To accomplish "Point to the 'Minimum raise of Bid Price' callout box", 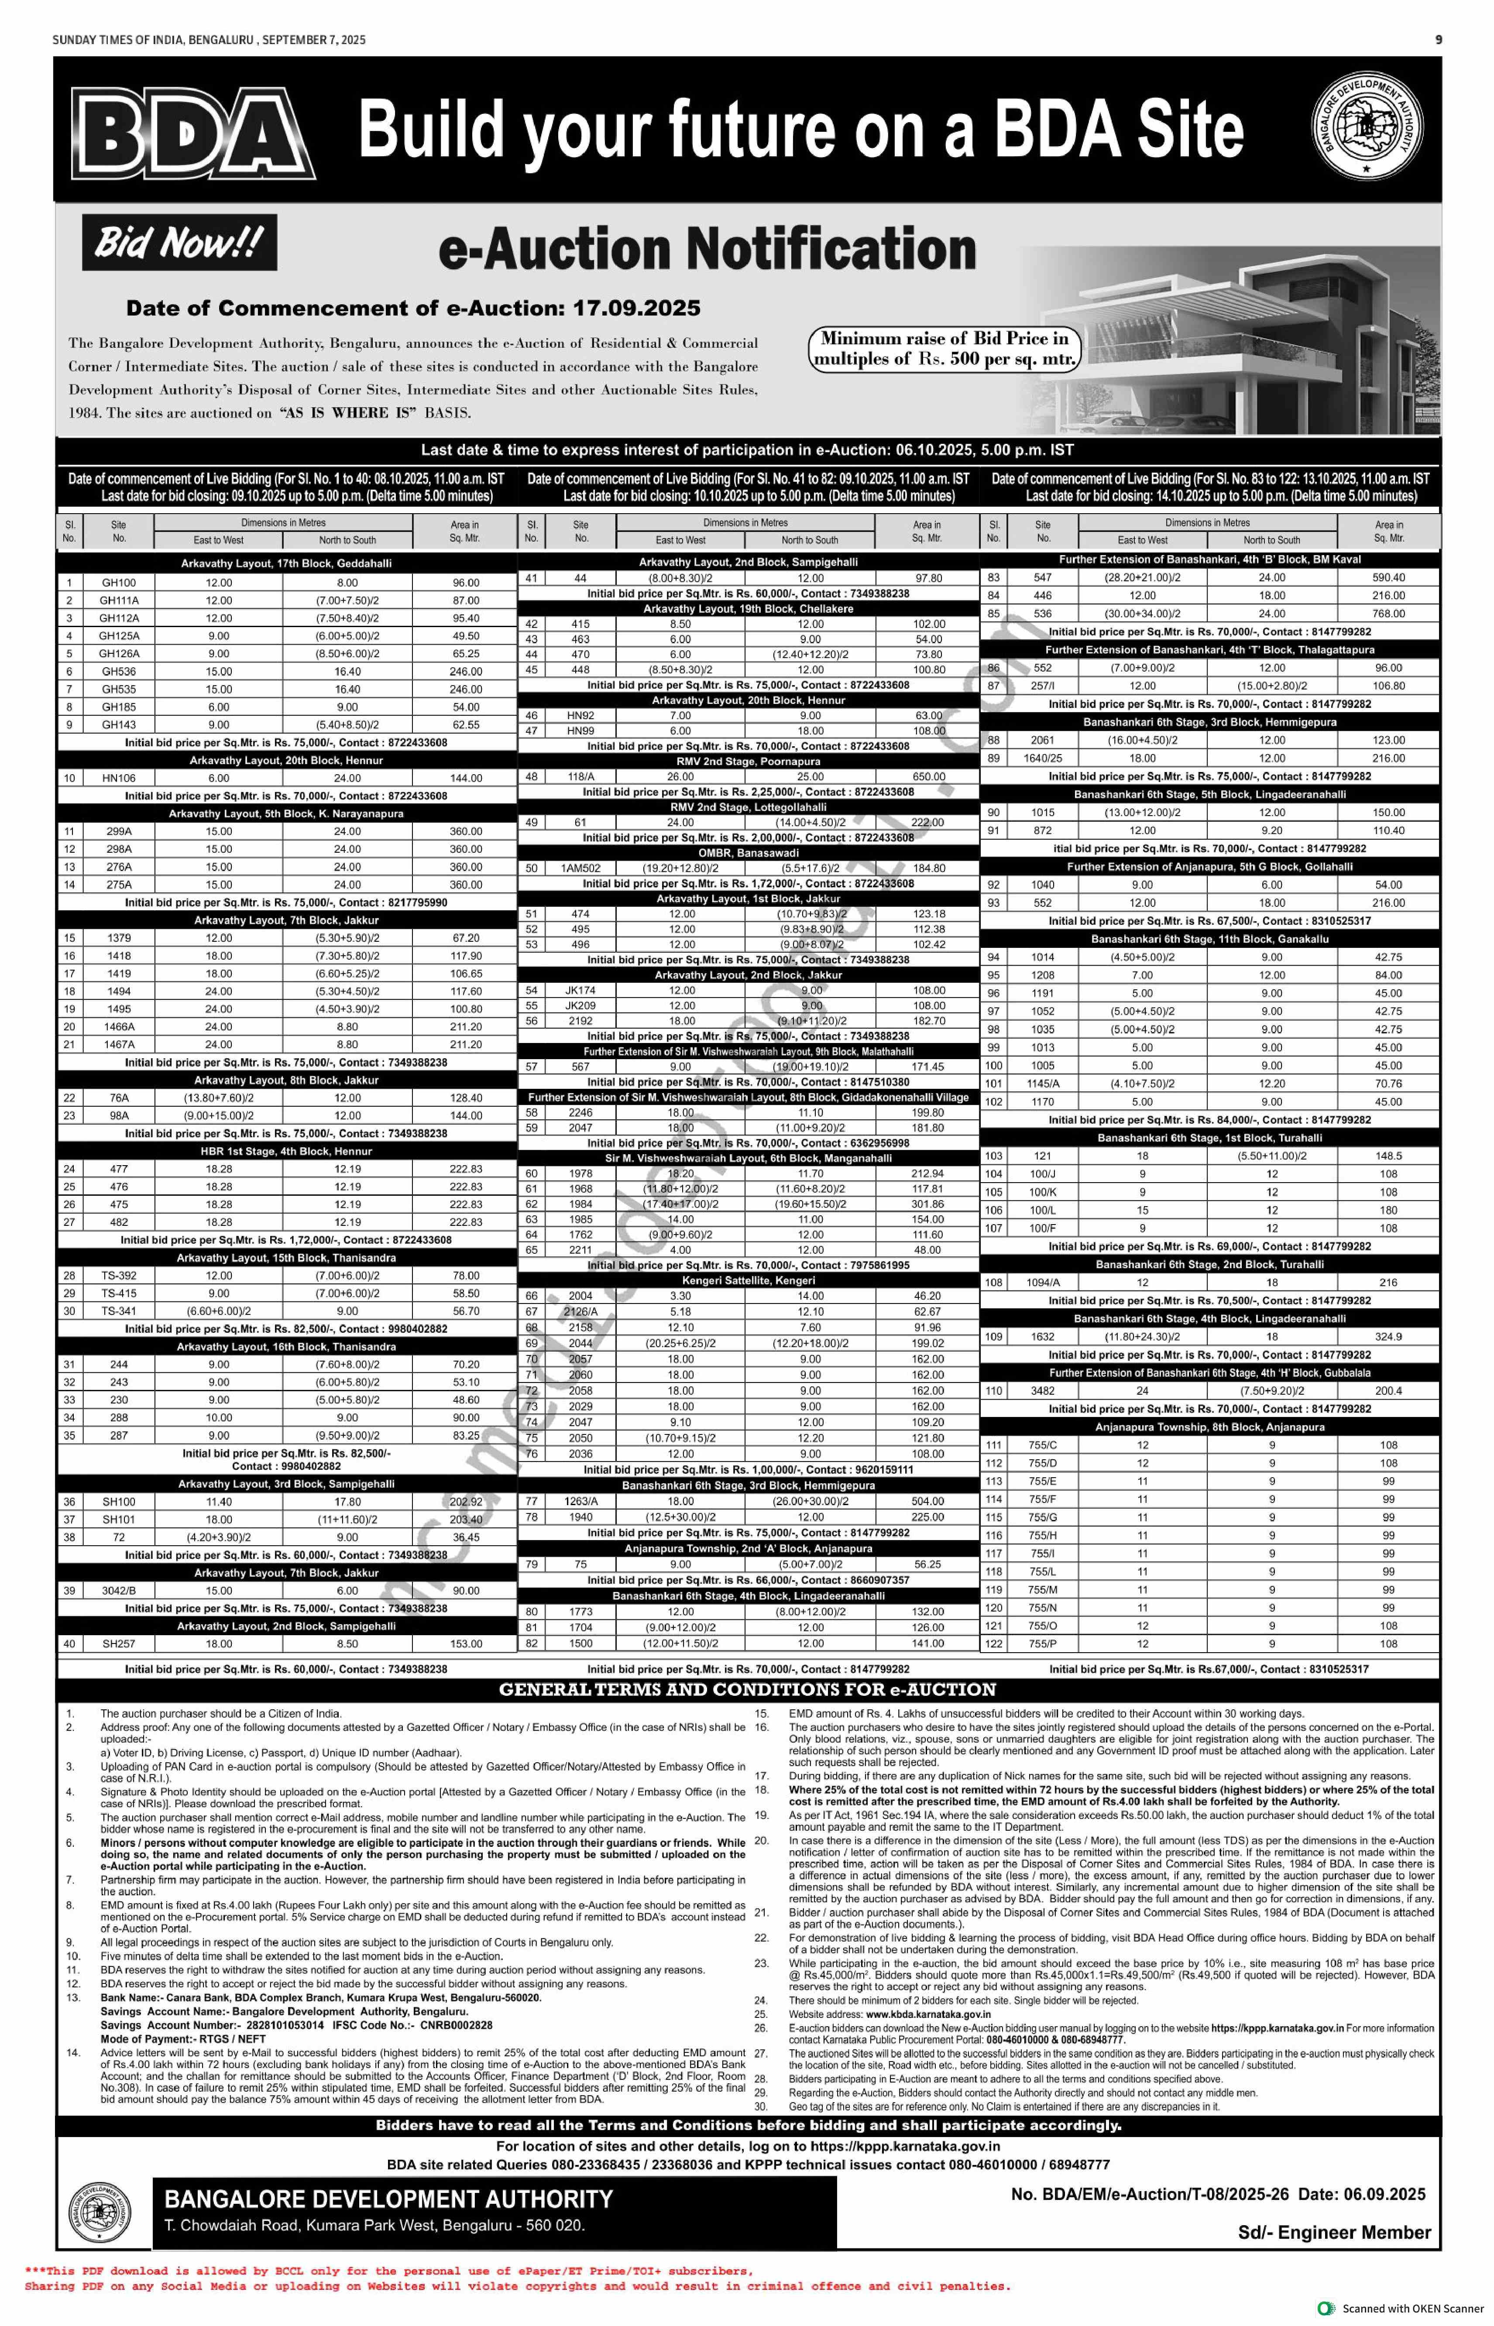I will (x=944, y=348).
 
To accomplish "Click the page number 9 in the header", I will (x=1438, y=40).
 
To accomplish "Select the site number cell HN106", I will (x=118, y=778).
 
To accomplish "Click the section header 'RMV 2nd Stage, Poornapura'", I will (x=748, y=762).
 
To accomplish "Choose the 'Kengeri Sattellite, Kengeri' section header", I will (x=748, y=1280).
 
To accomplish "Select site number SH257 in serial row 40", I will (x=118, y=1644).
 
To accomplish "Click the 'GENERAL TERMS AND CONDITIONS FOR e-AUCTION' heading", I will (x=747, y=1690).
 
